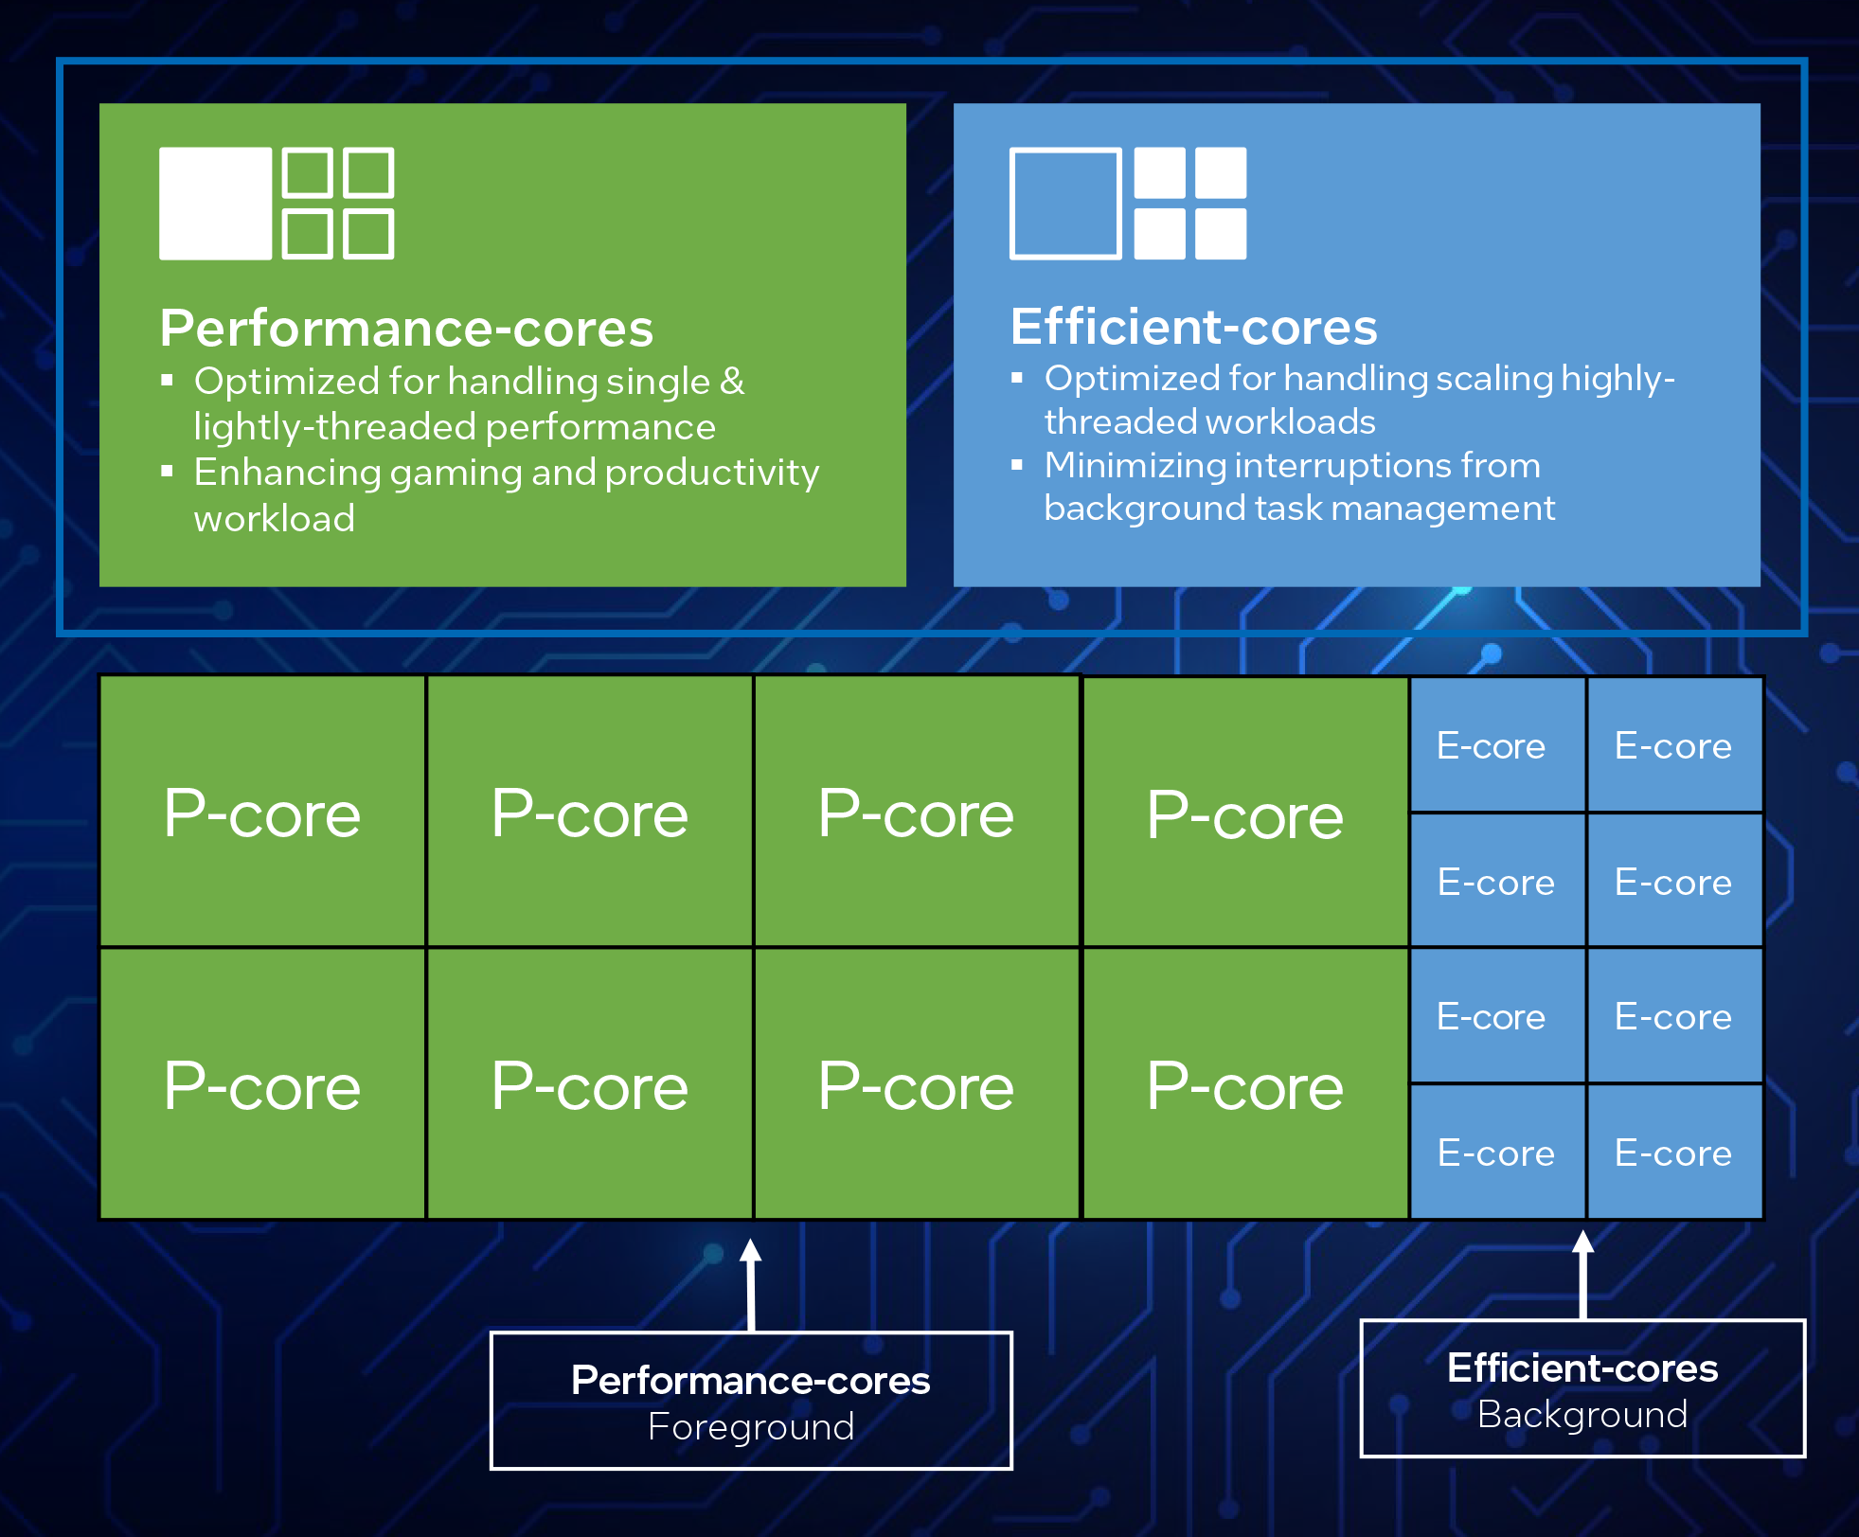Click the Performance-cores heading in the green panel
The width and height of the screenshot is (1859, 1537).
click(406, 329)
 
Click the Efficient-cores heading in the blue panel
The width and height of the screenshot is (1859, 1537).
click(1193, 327)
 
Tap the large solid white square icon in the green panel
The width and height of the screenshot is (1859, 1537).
click(215, 203)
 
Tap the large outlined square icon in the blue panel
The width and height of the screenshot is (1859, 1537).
click(1065, 203)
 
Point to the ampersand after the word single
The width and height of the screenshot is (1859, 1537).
click(732, 382)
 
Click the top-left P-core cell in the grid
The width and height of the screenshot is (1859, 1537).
click(262, 813)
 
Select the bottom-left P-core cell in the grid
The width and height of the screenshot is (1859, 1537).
click(262, 1084)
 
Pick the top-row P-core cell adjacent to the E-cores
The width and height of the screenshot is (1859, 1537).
click(1244, 813)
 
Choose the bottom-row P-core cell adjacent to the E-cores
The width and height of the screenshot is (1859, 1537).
click(1244, 1084)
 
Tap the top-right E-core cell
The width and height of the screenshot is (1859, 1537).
click(1673, 745)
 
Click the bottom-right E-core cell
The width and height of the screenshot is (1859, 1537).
click(1673, 1153)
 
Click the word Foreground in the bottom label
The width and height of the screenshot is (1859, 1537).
click(751, 1426)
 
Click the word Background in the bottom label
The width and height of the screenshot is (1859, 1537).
click(1582, 1414)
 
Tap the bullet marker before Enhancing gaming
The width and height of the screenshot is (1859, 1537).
click(168, 471)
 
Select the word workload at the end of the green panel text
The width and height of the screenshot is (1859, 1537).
click(275, 519)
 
